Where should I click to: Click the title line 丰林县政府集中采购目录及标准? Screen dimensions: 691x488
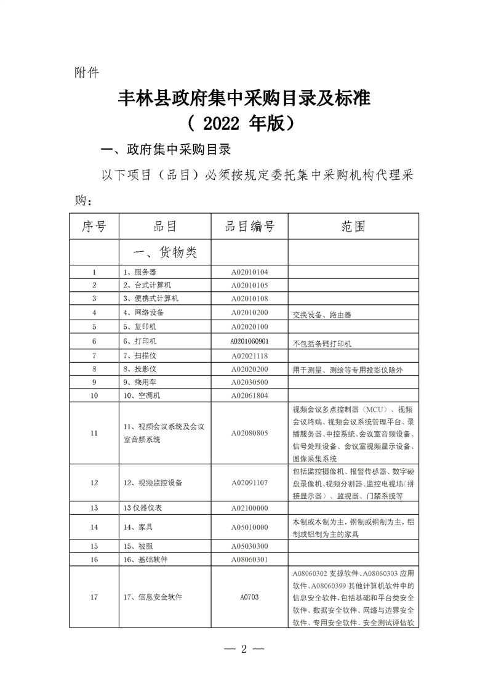(x=244, y=99)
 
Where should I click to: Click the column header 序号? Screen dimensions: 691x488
(x=94, y=227)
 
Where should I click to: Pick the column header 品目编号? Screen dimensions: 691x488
(x=249, y=227)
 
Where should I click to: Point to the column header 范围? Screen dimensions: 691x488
(x=353, y=227)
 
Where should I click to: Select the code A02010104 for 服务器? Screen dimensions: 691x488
(x=249, y=272)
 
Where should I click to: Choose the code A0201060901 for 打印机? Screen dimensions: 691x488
(x=249, y=341)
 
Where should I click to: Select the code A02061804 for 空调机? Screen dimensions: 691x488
(x=249, y=395)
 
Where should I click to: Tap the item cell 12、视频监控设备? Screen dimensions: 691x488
(x=153, y=482)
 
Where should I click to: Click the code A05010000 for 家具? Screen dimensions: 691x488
(x=249, y=527)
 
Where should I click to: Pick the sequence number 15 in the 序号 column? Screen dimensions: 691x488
(x=94, y=546)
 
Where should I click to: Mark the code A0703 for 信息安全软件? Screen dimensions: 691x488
(x=249, y=597)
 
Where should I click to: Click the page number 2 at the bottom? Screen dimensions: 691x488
(x=244, y=650)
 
